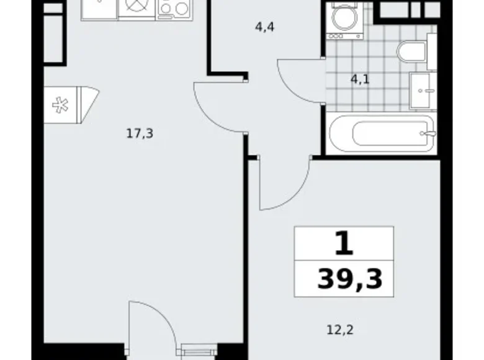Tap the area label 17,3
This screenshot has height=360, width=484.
coord(140,133)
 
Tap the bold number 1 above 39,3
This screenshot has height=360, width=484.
coord(343,243)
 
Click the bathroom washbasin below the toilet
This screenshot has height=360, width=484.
coord(424,91)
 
